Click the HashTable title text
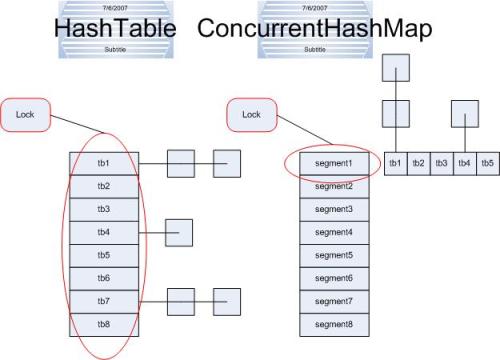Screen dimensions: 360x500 115,29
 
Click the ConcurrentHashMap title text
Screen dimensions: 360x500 314,29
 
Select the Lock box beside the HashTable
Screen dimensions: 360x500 26,114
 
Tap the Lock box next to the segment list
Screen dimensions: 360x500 252,114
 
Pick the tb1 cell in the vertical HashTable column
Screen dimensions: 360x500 104,164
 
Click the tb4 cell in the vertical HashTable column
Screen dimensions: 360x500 104,233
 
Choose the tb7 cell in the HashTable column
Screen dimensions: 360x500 104,301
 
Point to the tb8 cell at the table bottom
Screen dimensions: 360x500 104,324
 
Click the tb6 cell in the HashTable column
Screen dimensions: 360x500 104,278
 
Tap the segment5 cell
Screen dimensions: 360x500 334,255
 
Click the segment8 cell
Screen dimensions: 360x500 334,324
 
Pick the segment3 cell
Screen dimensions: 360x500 334,209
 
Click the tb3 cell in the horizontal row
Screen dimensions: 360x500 441,163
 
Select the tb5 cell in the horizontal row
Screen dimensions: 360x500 486,163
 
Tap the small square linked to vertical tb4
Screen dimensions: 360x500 178,233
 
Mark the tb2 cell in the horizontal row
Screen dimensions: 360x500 418,163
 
